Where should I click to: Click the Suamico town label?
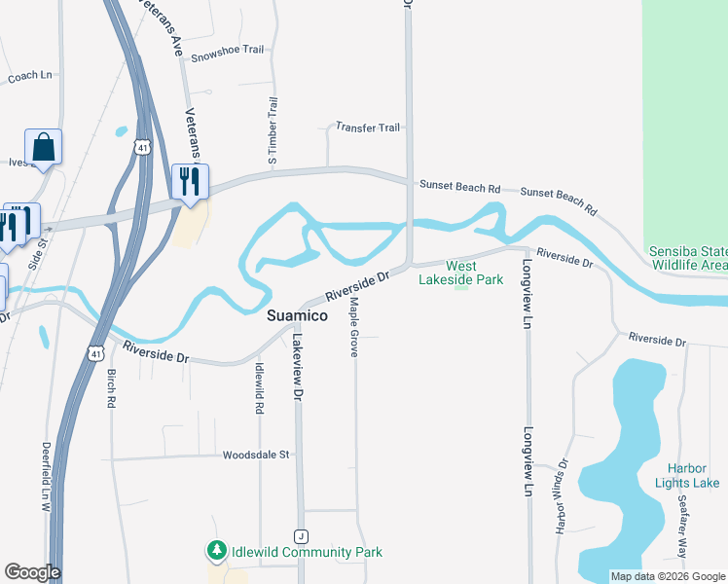coord(296,316)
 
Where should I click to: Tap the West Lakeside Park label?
coord(460,273)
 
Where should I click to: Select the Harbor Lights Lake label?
coord(687,476)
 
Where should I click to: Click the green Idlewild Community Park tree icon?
coord(216,552)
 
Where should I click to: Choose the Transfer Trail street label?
coord(368,128)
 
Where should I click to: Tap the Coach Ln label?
coord(29,76)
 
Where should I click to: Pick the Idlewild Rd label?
coord(260,388)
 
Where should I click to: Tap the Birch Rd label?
coord(112,387)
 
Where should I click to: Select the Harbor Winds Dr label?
coord(562,496)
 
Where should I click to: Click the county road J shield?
coord(302,536)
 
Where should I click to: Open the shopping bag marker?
coord(44,147)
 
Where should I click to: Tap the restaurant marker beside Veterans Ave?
coord(190,181)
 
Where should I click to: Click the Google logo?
coord(32,572)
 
